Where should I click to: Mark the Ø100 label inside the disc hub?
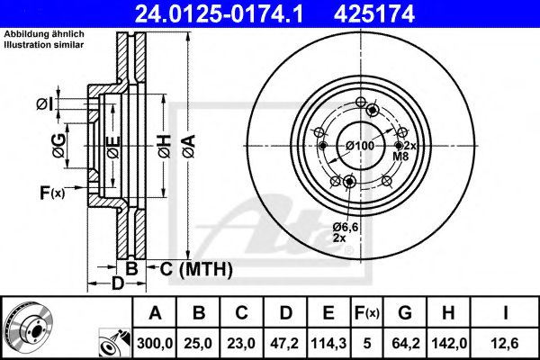[x=359, y=146]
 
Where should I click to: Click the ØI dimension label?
[x=44, y=105]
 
